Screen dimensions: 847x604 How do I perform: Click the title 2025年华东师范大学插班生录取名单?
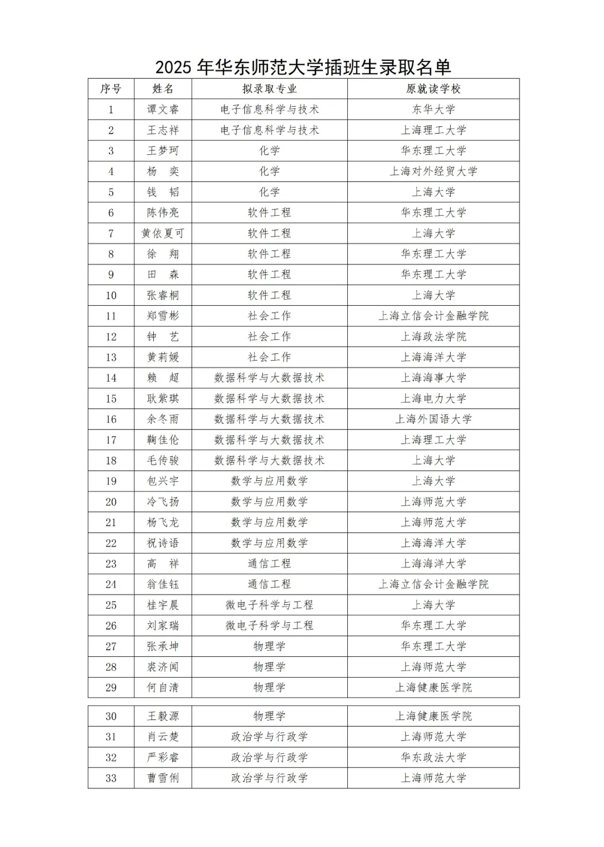tap(303, 68)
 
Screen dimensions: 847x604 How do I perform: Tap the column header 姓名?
tap(163, 89)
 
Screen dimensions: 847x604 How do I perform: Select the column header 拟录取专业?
tap(269, 89)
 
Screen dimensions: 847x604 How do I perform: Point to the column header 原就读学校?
tap(433, 89)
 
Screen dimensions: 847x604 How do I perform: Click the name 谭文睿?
tap(163, 110)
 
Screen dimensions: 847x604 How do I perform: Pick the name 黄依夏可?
tap(163, 233)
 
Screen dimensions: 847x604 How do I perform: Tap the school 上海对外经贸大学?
tap(433, 172)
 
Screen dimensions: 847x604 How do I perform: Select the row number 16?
tap(111, 419)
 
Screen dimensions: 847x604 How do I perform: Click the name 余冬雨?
tap(163, 419)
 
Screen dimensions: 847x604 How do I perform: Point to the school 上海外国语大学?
tap(433, 419)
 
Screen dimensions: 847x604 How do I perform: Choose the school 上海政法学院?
tap(433, 337)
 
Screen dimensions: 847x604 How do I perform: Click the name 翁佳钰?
tap(163, 584)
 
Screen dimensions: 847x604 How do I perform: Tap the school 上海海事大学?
tap(433, 378)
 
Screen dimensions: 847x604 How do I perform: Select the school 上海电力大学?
tap(433, 399)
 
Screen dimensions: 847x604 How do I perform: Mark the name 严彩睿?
tap(163, 758)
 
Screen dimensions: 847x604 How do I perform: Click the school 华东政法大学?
tap(433, 758)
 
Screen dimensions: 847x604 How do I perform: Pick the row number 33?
tap(111, 778)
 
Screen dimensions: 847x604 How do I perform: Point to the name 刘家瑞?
tap(163, 626)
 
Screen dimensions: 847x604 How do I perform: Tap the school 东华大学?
tap(433, 110)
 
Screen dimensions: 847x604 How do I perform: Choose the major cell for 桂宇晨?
tap(269, 605)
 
